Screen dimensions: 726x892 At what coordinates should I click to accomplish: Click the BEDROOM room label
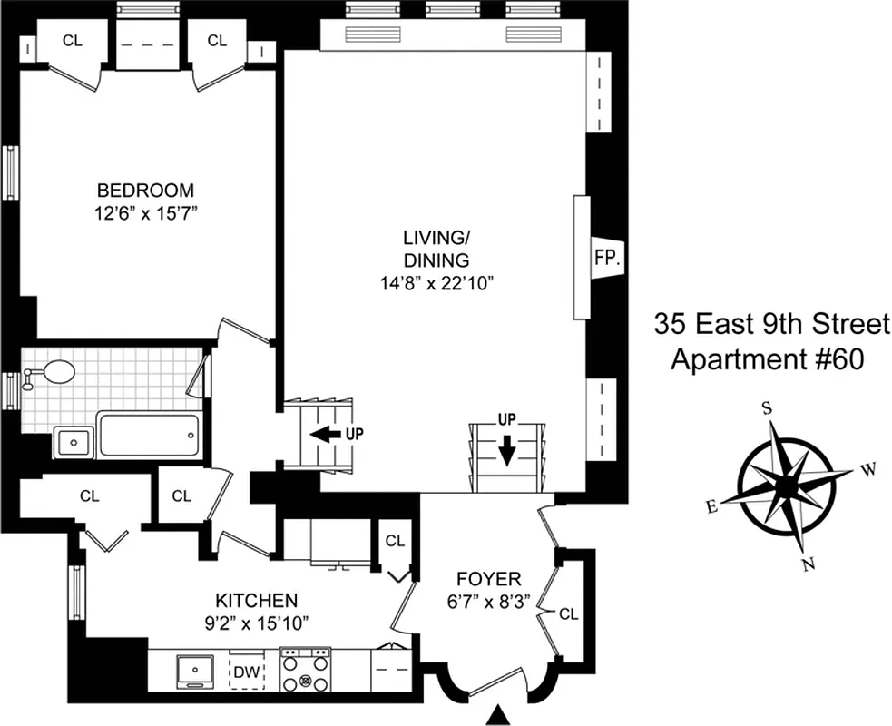pos(145,191)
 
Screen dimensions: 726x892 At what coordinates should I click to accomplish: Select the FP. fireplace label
pos(607,258)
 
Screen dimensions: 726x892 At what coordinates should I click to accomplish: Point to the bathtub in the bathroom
pos(147,436)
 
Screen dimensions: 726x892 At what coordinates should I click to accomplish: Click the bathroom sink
pos(71,442)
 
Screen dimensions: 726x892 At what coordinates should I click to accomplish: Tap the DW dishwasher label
pos(246,672)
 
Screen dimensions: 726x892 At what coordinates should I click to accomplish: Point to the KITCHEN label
pos(256,601)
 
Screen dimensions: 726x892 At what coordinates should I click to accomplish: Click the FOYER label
pos(489,579)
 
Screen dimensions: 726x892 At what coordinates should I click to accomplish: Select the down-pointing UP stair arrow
pos(505,446)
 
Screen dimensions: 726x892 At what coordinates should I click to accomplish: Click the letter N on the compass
pos(807,565)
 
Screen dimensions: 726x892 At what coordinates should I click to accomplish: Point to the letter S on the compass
pos(767,408)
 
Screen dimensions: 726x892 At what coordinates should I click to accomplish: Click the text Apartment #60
pos(767,360)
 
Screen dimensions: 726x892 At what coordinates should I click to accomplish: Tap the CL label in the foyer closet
pos(568,614)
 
